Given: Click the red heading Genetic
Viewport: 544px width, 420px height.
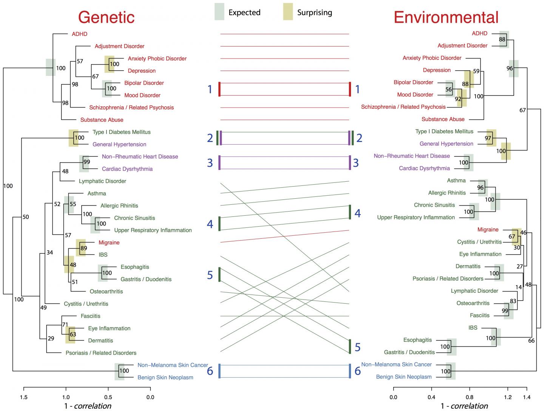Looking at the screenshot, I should click(106, 17).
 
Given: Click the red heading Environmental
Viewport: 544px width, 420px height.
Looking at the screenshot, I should click(446, 17).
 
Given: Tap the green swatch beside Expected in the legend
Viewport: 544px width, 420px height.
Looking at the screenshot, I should click(219, 12).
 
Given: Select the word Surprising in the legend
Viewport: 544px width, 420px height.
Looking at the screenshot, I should click(314, 12).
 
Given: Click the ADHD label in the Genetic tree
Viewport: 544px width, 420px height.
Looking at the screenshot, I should click(79, 34).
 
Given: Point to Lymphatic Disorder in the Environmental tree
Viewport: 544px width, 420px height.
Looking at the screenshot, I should click(474, 291).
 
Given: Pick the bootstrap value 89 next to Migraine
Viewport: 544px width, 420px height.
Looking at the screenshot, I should click(83, 248).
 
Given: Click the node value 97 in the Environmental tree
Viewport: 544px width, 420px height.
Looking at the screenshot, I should click(488, 138).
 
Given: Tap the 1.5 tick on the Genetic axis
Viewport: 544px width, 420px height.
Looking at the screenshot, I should click(24, 397).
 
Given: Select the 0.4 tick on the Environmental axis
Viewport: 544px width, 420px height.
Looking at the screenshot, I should click(431, 397).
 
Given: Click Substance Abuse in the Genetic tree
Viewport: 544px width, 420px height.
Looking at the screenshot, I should click(102, 120).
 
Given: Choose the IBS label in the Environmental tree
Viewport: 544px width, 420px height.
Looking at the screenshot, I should click(473, 327).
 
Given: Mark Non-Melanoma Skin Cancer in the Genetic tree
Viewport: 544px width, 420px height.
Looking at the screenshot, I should click(173, 365).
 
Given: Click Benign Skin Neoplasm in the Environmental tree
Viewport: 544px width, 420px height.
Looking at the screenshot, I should click(403, 377).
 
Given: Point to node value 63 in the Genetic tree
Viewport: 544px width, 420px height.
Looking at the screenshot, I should click(73, 334).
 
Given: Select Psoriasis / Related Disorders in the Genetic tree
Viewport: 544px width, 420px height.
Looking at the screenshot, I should click(101, 353).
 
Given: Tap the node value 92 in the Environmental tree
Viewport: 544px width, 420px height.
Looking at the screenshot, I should click(458, 99).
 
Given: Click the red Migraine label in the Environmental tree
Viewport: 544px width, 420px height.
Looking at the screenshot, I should click(488, 230).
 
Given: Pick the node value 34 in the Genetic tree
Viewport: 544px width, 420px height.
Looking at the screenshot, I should click(49, 252).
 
